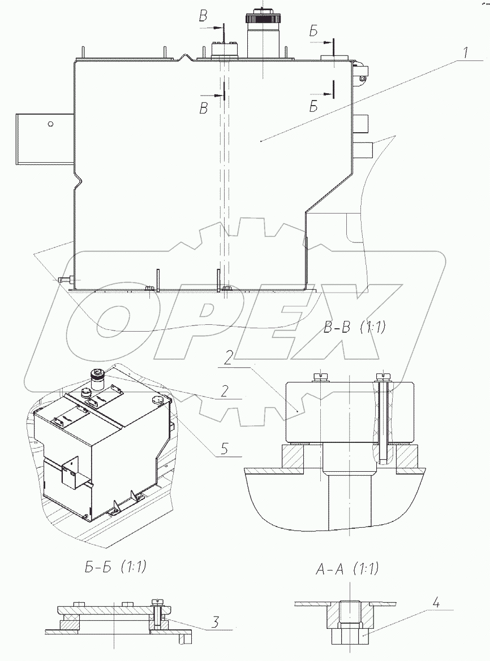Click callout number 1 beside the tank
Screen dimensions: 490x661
465,54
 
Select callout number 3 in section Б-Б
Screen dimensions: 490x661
215,622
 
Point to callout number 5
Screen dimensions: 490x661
224,449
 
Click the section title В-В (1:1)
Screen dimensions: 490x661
355,327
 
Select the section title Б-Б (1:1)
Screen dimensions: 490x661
115,567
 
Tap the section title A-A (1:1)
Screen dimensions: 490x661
347,569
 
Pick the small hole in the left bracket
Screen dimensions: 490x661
50,124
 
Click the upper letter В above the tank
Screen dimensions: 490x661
204,16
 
